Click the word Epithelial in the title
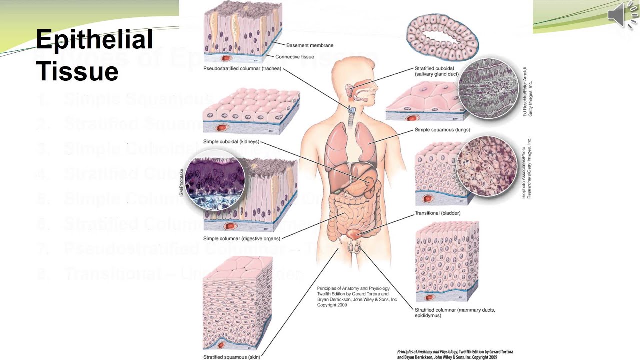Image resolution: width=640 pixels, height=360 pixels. pyautogui.click(x=94, y=40)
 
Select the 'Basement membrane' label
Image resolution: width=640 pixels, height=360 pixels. pyautogui.click(x=310, y=45)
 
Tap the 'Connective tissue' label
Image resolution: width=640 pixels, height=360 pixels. pyautogui.click(x=295, y=57)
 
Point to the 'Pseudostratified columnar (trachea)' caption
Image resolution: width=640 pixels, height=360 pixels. pyautogui.click(x=242, y=68)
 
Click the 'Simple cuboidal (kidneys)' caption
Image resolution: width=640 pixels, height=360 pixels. pyautogui.click(x=231, y=142)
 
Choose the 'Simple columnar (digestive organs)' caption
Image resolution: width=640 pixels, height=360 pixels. pyautogui.click(x=242, y=239)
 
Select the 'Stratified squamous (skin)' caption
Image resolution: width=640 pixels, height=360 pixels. pyautogui.click(x=232, y=357)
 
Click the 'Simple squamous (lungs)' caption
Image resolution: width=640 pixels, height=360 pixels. pyautogui.click(x=442, y=130)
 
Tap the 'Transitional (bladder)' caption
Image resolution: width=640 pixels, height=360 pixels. pyautogui.click(x=437, y=213)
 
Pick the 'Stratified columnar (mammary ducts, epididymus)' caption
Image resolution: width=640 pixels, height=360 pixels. pyautogui.click(x=454, y=313)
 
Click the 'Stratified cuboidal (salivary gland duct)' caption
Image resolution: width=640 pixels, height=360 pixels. pyautogui.click(x=436, y=71)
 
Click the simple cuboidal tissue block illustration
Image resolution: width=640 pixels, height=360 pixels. pyautogui.click(x=251, y=111)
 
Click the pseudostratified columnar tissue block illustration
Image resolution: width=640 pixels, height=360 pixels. pyautogui.click(x=243, y=30)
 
